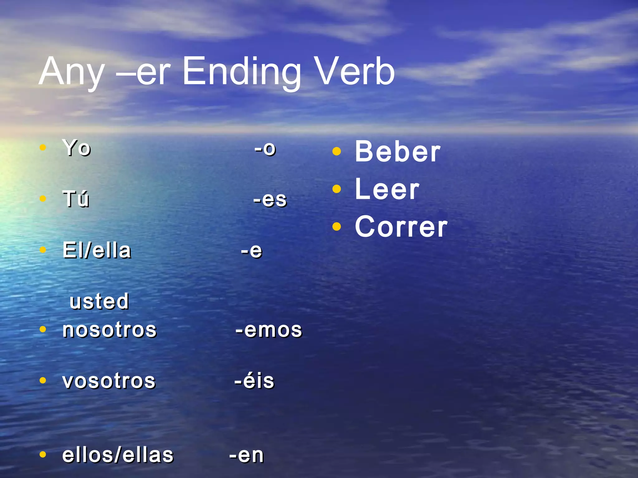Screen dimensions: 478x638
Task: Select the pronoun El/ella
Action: click(x=97, y=250)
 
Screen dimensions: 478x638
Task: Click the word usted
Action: click(x=99, y=301)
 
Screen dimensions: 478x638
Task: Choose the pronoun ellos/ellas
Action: click(x=118, y=455)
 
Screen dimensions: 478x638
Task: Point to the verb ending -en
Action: click(x=246, y=455)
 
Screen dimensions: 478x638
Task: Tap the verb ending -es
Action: click(x=270, y=199)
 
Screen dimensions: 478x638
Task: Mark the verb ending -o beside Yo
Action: click(x=265, y=148)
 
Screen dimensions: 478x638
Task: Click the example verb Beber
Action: click(x=398, y=152)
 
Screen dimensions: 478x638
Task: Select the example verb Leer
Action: click(x=387, y=189)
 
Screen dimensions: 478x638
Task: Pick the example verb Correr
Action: click(x=401, y=227)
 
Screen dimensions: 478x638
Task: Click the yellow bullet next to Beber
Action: click(x=336, y=152)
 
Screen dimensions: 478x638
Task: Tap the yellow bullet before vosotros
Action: click(x=43, y=380)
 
